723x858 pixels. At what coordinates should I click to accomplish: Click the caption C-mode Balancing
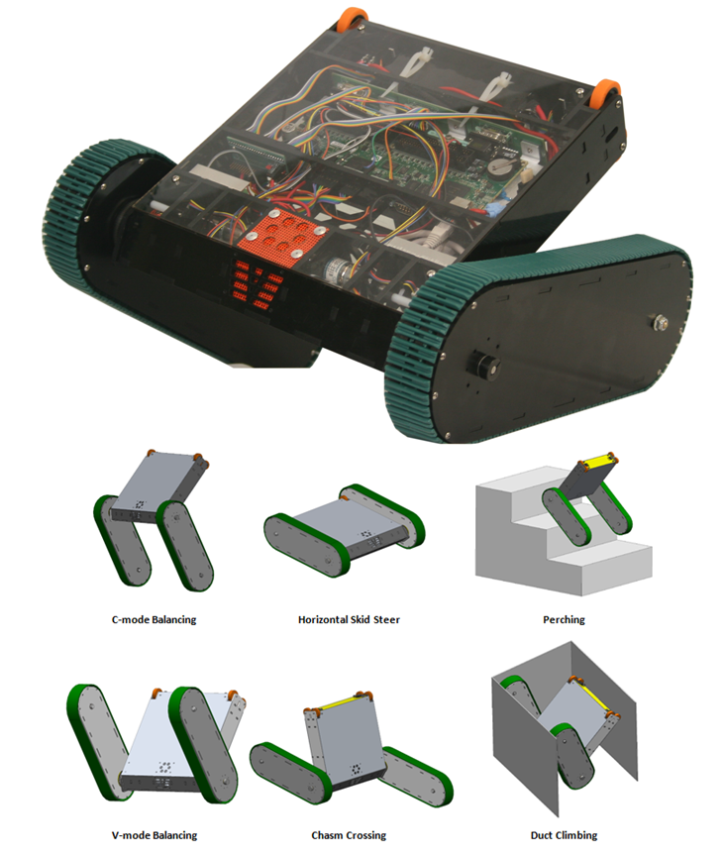[154, 620]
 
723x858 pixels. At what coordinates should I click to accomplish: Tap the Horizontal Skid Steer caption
[349, 620]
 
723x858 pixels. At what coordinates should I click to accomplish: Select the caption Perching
[564, 620]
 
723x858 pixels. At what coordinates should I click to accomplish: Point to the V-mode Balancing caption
[155, 835]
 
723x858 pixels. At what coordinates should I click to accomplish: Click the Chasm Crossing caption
[349, 835]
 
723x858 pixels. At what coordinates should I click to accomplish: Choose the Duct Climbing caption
[564, 835]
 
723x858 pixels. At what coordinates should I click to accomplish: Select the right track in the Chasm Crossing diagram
[418, 774]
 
